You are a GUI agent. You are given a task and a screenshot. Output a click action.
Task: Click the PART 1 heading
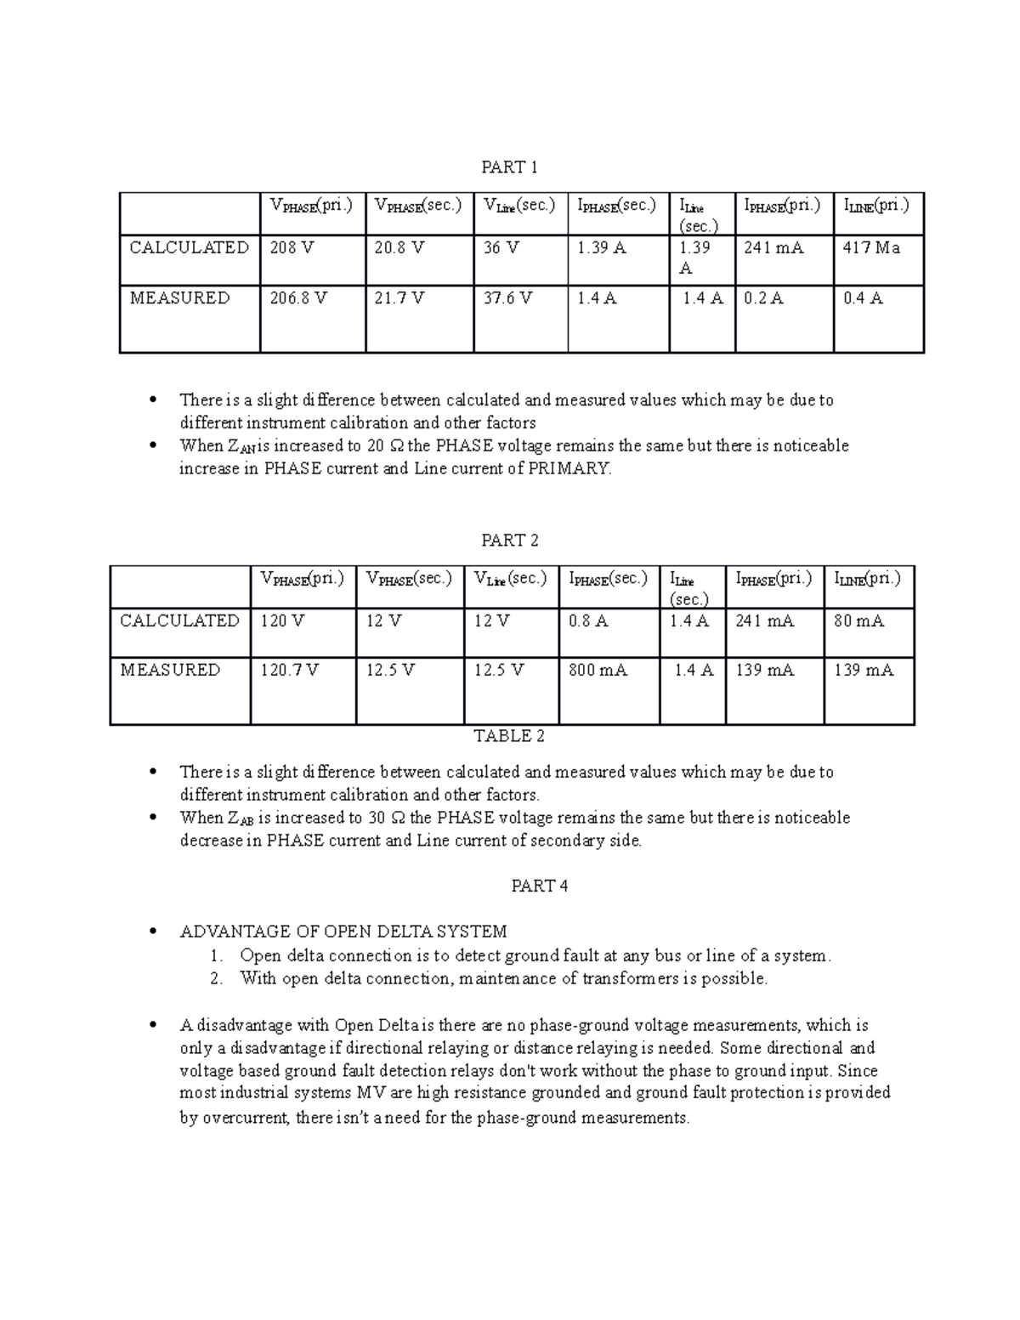click(509, 167)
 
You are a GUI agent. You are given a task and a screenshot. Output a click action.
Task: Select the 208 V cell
click(292, 248)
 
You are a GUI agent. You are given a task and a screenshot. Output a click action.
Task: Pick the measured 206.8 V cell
click(298, 298)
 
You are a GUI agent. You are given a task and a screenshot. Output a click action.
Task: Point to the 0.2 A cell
click(763, 298)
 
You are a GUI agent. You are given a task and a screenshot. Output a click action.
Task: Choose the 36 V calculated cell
click(501, 248)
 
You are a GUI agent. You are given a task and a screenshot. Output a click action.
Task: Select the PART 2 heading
click(509, 541)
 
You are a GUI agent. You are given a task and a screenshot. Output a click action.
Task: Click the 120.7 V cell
click(289, 671)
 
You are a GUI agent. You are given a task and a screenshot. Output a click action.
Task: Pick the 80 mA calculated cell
click(858, 621)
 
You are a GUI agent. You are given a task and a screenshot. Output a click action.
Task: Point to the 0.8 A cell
click(588, 621)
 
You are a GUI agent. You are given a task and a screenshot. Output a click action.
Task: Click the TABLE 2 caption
click(509, 736)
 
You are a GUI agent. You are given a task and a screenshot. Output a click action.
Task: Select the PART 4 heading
click(539, 886)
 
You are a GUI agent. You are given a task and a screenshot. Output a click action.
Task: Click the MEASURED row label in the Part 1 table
click(179, 298)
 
